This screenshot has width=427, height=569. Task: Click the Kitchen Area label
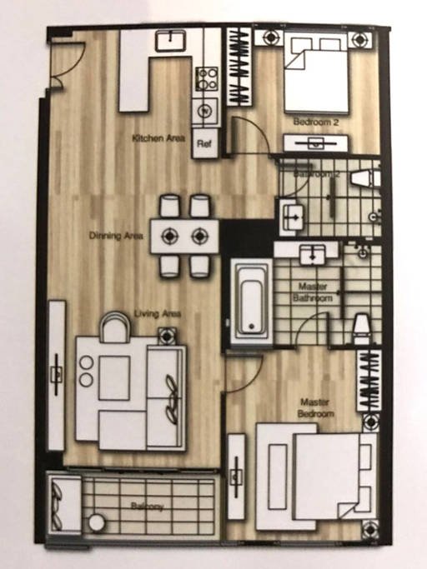click(158, 137)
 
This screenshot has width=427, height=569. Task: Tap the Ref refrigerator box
click(203, 143)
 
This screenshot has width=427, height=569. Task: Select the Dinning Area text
click(116, 236)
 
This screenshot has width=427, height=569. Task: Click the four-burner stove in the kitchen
click(206, 79)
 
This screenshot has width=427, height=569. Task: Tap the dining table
click(184, 236)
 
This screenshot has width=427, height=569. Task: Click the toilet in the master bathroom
click(360, 329)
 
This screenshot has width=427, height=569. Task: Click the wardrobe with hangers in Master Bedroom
click(368, 380)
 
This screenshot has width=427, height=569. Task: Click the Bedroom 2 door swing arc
click(249, 135)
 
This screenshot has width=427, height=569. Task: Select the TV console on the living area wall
click(57, 375)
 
